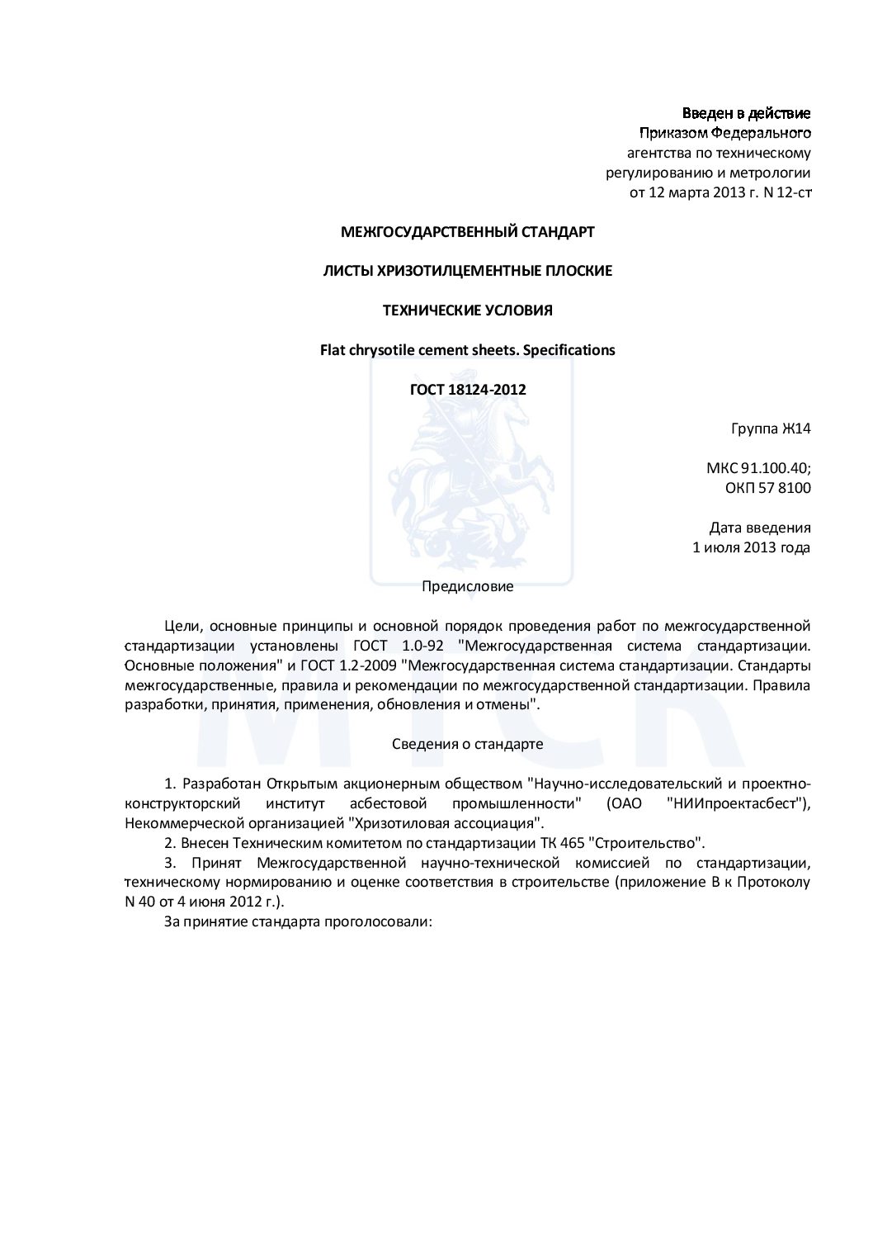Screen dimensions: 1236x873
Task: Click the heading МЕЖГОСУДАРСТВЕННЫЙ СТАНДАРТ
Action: click(x=467, y=232)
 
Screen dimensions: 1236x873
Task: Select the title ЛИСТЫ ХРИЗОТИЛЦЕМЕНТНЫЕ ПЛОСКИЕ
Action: click(x=467, y=271)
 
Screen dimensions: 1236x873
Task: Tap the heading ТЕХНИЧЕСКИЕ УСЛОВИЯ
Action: click(x=467, y=310)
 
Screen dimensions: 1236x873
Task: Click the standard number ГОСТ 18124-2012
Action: click(x=467, y=389)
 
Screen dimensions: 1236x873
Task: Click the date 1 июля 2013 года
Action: click(x=751, y=547)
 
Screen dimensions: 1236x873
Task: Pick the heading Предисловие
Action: click(x=467, y=587)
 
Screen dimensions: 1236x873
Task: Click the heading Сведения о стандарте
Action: click(x=467, y=744)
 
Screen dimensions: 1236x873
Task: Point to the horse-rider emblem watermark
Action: click(x=470, y=487)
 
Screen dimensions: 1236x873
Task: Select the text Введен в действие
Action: click(x=746, y=113)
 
